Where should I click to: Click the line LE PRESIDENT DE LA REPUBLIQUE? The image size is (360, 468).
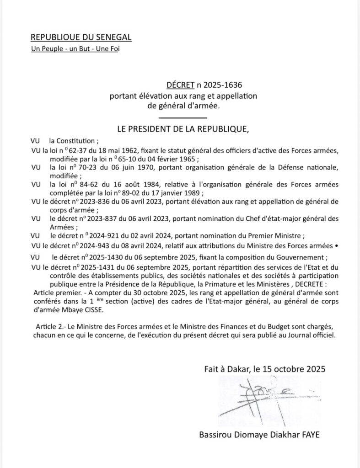[183, 129]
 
